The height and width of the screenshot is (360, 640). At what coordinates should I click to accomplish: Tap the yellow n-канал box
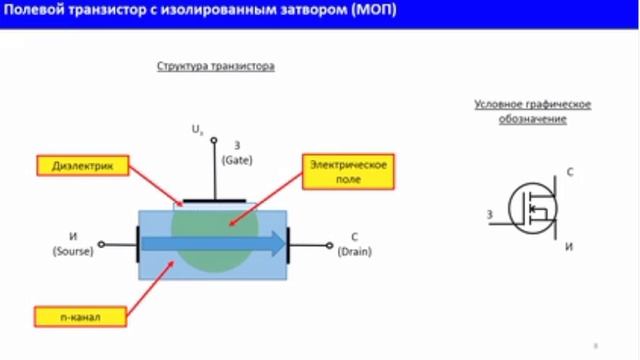click(79, 317)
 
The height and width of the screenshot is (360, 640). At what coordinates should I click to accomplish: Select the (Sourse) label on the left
click(72, 251)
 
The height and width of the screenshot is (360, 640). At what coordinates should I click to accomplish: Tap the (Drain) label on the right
click(354, 251)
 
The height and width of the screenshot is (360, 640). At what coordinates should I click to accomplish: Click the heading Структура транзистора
click(215, 66)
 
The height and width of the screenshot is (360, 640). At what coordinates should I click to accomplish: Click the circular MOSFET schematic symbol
click(532, 209)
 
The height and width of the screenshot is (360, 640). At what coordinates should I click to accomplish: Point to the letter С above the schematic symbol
click(569, 173)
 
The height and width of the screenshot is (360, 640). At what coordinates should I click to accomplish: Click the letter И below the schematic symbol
click(569, 246)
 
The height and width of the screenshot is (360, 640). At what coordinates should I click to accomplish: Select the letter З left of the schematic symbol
click(489, 214)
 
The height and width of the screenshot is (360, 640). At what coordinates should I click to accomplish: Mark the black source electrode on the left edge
click(136, 243)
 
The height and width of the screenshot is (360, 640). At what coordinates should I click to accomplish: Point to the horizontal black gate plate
click(212, 201)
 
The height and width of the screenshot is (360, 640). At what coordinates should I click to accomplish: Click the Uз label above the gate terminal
click(197, 130)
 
